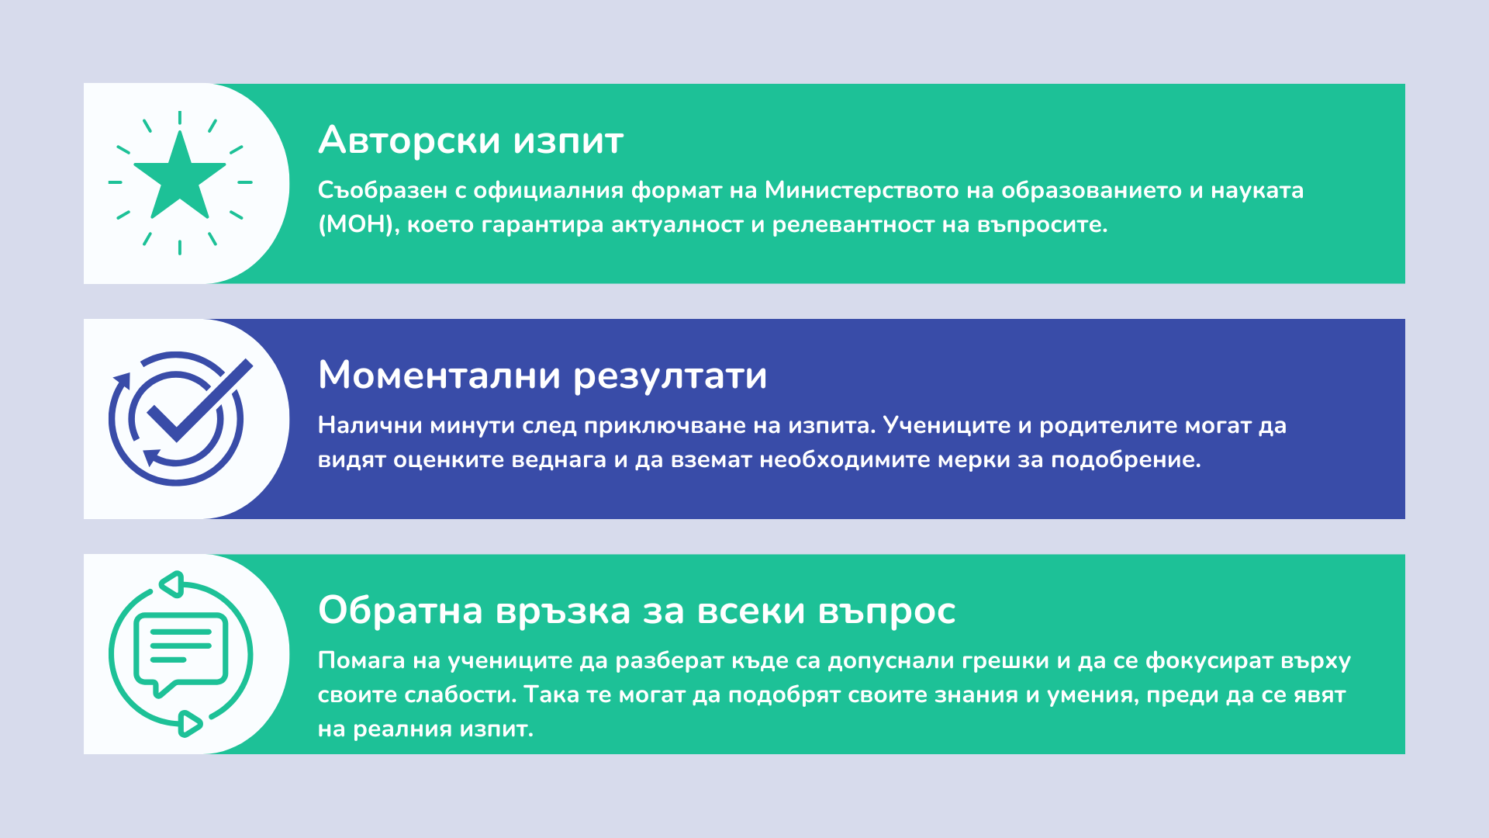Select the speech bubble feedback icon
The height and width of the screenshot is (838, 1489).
[x=180, y=654]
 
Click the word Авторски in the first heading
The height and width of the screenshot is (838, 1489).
[x=409, y=140]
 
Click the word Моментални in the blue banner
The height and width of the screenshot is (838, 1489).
[x=439, y=376]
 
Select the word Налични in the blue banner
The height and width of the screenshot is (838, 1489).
[x=370, y=425]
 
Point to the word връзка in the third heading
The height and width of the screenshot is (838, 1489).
[x=563, y=611]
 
